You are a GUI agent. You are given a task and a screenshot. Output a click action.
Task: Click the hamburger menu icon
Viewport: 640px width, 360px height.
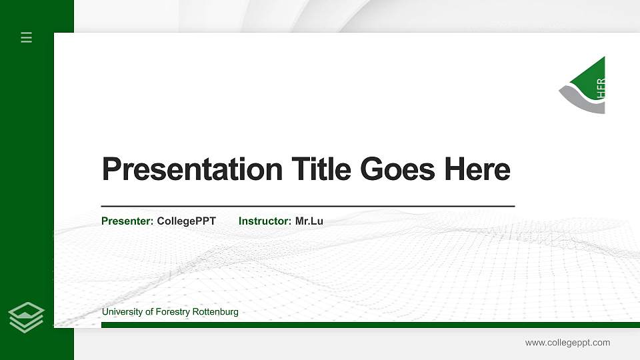(x=27, y=37)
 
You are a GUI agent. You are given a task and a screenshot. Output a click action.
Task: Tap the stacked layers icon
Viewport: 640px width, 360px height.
(x=27, y=316)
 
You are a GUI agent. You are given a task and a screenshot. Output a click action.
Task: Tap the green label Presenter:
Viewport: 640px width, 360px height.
(x=127, y=221)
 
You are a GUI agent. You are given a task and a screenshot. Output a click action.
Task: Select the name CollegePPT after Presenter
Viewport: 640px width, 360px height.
(x=186, y=221)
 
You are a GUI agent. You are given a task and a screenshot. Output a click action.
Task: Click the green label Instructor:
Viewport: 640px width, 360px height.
(x=265, y=221)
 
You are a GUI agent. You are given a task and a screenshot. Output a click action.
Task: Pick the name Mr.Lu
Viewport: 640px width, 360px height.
(x=309, y=221)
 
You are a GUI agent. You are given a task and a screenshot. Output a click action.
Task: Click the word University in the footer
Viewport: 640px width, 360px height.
(x=123, y=312)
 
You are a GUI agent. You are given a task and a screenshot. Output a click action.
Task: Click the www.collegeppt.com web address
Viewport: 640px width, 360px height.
(x=567, y=343)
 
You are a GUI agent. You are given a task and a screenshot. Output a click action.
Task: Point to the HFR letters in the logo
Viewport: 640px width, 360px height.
(x=601, y=87)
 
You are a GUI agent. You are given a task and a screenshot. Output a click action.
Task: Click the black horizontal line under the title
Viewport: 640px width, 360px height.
(x=307, y=207)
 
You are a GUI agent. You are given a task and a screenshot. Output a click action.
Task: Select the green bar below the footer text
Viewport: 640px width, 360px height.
(x=367, y=325)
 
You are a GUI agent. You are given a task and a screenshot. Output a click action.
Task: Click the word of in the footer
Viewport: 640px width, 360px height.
(x=149, y=312)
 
